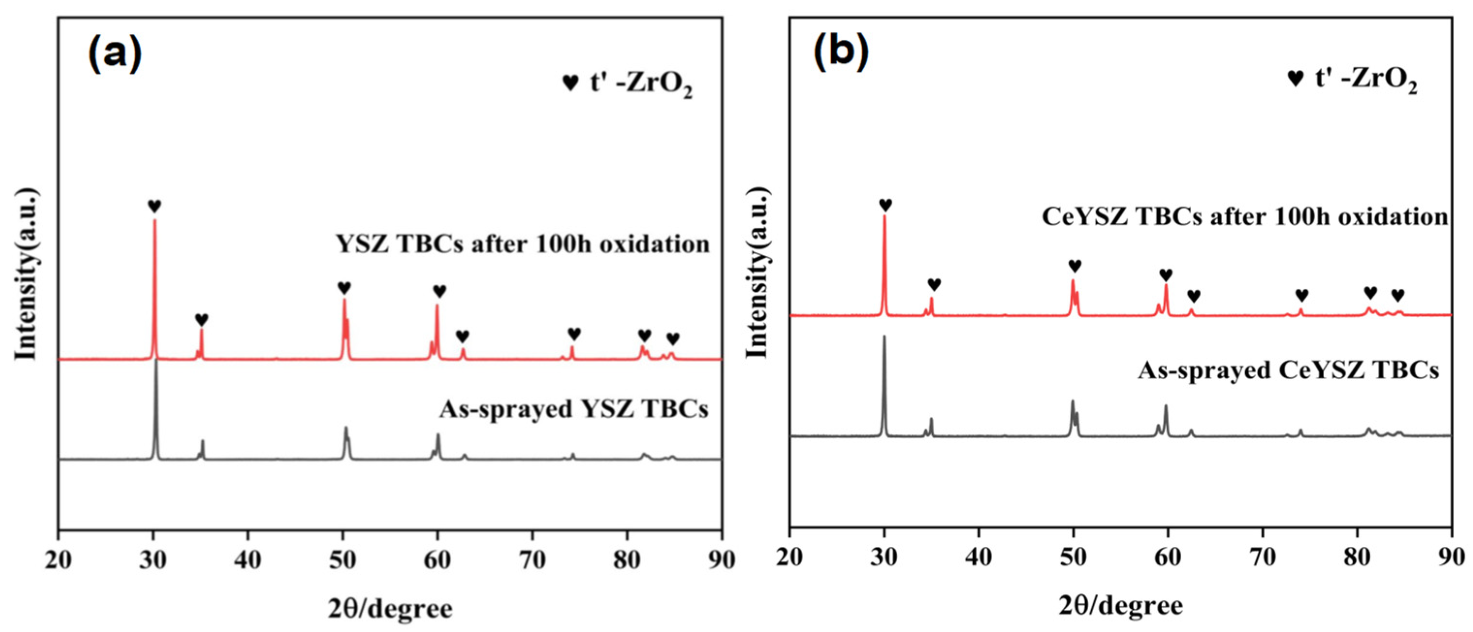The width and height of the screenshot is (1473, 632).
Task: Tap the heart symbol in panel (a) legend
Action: coord(570,83)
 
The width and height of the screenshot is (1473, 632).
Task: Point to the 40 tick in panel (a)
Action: coord(248,559)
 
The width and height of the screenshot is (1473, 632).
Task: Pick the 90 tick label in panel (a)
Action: coord(721,559)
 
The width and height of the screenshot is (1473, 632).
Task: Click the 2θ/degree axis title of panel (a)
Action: coord(390,609)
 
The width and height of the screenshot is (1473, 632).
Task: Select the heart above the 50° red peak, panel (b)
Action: coord(1075,266)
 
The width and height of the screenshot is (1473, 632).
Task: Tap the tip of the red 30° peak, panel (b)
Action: coord(884,216)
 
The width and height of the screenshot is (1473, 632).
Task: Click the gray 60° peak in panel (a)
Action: coord(438,436)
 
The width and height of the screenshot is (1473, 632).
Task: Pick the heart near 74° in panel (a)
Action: coord(574,334)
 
